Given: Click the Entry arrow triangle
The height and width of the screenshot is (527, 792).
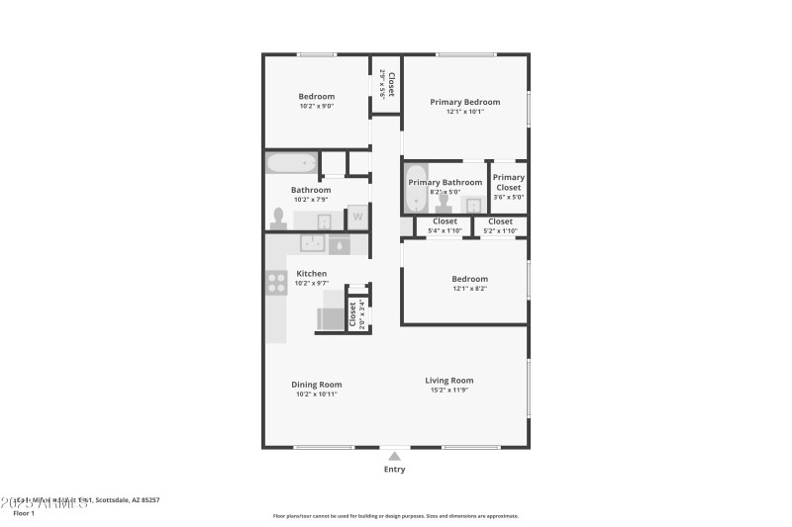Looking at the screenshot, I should click(394, 456).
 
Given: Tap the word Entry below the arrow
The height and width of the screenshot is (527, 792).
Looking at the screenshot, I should click(394, 470).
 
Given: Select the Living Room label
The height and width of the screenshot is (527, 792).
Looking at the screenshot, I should click(448, 380).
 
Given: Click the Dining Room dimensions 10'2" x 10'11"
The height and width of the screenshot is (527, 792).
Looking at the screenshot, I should click(316, 395).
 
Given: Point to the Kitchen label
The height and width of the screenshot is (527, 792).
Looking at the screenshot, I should click(312, 274).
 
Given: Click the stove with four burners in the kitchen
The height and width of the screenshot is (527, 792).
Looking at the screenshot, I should click(275, 285).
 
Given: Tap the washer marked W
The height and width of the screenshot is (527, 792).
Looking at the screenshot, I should click(357, 218).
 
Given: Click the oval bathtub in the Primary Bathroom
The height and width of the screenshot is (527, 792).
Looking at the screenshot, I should click(416, 189).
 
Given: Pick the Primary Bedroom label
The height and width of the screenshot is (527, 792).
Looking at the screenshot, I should click(464, 102).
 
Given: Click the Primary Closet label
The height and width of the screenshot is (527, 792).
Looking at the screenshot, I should click(508, 182).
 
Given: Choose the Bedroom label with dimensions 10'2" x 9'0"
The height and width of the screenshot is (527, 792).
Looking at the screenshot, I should click(317, 96).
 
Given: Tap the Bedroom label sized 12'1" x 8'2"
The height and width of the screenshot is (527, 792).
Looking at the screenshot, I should click(469, 279).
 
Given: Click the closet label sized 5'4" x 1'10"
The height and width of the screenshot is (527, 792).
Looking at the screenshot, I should click(445, 221).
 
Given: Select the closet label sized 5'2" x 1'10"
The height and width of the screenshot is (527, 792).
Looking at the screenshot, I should click(501, 221).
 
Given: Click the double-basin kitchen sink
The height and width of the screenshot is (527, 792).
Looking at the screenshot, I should click(316, 244).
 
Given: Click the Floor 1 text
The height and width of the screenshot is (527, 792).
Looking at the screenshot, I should click(24, 513).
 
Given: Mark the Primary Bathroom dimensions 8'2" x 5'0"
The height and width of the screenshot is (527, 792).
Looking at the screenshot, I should click(445, 192).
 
